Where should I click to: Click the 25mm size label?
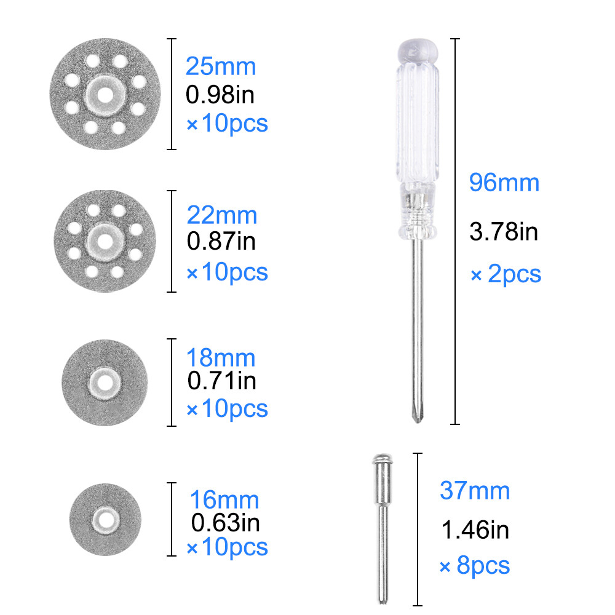(x=221, y=66)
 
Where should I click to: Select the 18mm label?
(x=221, y=357)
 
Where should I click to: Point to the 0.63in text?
(x=225, y=523)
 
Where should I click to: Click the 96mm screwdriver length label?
(x=504, y=183)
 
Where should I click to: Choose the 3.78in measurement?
(x=504, y=232)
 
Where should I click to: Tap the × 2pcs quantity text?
(x=506, y=274)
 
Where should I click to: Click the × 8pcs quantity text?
(x=475, y=566)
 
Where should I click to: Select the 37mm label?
(x=475, y=491)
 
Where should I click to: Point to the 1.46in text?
(x=475, y=529)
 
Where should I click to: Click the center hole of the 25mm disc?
(x=105, y=95)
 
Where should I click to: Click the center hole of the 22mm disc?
(x=105, y=240)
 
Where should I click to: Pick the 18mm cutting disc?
(x=105, y=382)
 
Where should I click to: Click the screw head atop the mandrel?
(x=382, y=459)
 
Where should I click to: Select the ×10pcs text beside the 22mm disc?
(x=227, y=272)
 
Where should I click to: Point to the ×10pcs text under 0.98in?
(x=227, y=124)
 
